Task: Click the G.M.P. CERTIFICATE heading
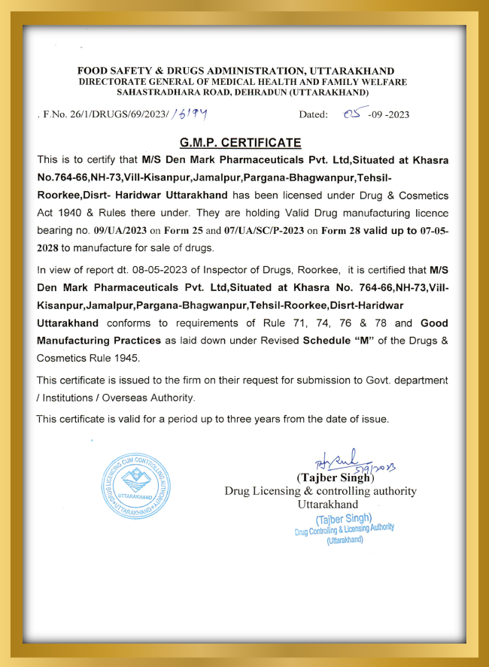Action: [241, 143]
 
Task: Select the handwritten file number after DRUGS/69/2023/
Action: [189, 114]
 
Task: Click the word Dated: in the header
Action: [314, 115]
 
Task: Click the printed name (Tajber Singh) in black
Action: [336, 478]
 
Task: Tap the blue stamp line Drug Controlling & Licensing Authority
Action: [344, 529]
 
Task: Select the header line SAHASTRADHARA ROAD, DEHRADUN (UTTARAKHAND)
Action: [242, 92]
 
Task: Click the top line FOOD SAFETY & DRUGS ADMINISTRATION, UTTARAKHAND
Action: [242, 71]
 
